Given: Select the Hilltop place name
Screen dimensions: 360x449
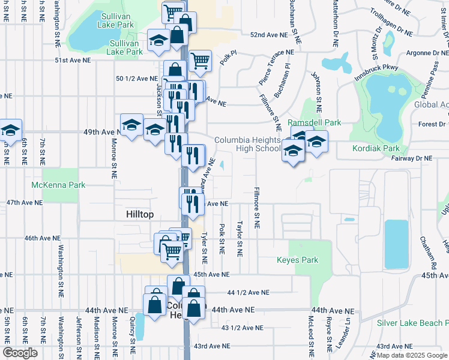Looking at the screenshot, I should pos(140,214).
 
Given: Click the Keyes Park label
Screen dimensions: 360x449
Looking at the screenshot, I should pos(297,260).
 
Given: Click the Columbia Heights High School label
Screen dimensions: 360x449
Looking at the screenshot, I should pos(256,144).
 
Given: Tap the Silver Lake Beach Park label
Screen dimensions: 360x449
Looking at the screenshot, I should pos(412,323).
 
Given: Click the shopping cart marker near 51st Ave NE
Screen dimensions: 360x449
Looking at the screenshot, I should pos(200,60).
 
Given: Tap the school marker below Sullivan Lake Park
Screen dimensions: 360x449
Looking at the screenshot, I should pos(158,40).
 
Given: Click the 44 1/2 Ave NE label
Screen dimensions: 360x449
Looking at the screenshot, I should pos(249,293).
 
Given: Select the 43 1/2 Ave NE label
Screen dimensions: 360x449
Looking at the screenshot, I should pos(243,328).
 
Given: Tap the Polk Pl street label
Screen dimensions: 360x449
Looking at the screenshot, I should pos(229,58).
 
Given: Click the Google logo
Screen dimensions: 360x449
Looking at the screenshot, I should pos(20,353).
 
